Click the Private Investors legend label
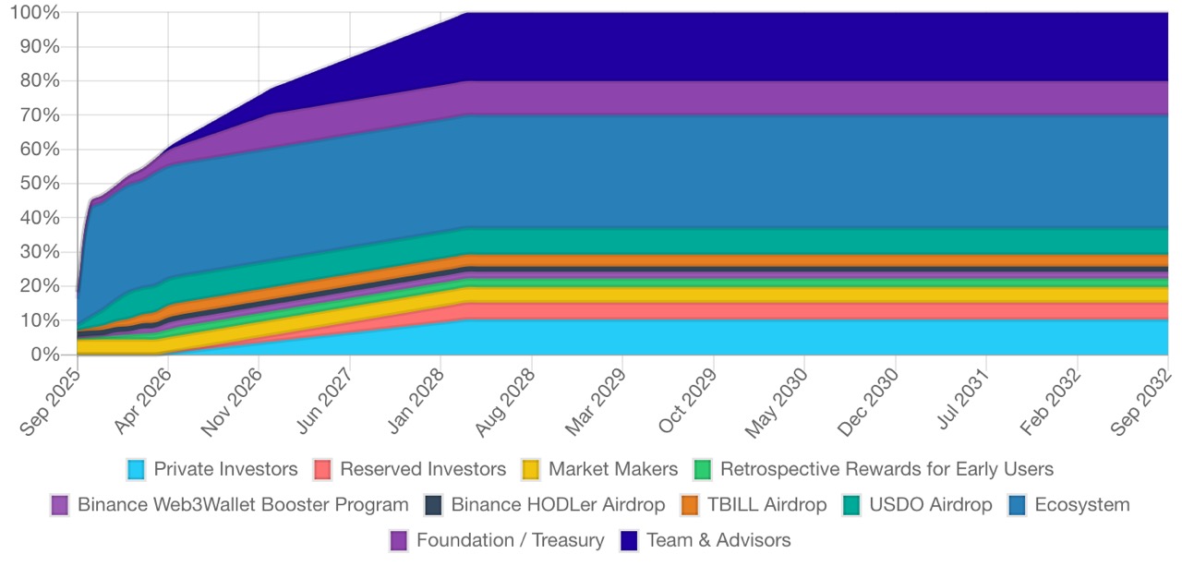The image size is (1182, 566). (x=225, y=469)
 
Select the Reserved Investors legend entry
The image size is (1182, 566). (x=423, y=469)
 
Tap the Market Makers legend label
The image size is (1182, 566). (x=613, y=469)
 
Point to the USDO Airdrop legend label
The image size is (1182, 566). (x=931, y=505)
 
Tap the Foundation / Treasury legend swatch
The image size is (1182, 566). (x=399, y=540)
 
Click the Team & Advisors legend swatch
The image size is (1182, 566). (x=629, y=540)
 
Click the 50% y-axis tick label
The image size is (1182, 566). (x=41, y=184)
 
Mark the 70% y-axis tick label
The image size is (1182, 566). (x=41, y=115)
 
